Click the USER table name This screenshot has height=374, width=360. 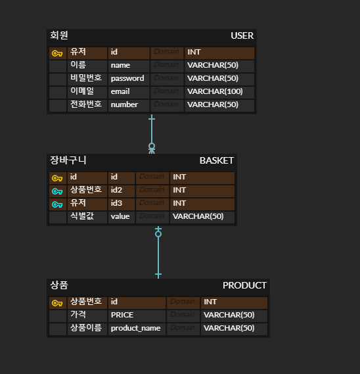(x=242, y=35)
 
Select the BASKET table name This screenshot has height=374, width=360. (x=216, y=160)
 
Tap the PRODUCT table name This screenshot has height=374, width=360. (x=244, y=285)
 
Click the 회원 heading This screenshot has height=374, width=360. (x=59, y=35)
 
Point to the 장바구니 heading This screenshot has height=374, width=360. (x=68, y=160)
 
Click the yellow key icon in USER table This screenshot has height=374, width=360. (x=57, y=53)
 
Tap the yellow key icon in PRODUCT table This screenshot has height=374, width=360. (x=57, y=303)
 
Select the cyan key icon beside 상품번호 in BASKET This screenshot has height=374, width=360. (x=57, y=191)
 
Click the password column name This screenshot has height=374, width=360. (x=127, y=78)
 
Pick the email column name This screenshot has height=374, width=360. (x=120, y=91)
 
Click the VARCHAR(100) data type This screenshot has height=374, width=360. (x=215, y=91)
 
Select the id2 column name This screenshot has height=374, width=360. (x=117, y=190)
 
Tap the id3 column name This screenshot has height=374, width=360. (x=117, y=203)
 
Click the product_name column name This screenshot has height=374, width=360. (x=135, y=328)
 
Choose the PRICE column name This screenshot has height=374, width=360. (x=122, y=315)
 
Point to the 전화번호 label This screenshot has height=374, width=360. (x=86, y=104)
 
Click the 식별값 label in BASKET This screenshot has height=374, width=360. (x=82, y=216)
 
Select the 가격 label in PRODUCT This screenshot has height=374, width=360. (x=78, y=314)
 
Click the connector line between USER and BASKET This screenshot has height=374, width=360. (x=152, y=131)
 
